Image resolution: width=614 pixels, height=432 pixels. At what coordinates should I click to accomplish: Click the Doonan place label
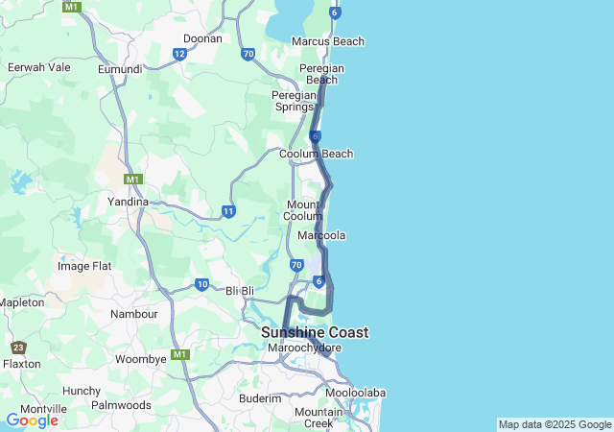pyautogui.click(x=202, y=38)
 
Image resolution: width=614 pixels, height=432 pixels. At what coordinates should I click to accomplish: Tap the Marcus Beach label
pyautogui.click(x=328, y=41)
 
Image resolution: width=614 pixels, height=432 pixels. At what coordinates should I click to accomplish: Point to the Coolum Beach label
pyautogui.click(x=316, y=154)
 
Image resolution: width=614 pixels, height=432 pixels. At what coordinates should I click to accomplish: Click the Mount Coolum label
pyautogui.click(x=304, y=210)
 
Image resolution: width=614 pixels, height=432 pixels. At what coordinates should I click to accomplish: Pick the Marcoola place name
pyautogui.click(x=321, y=235)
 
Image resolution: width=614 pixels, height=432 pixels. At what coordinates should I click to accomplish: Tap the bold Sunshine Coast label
pyautogui.click(x=315, y=332)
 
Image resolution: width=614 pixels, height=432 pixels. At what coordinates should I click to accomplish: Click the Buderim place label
pyautogui.click(x=260, y=397)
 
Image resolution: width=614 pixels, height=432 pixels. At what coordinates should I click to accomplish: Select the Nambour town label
pyautogui.click(x=134, y=314)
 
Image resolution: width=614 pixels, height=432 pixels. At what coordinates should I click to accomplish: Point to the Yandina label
pyautogui.click(x=128, y=202)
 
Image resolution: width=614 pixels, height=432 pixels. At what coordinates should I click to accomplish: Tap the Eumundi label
pyautogui.click(x=120, y=69)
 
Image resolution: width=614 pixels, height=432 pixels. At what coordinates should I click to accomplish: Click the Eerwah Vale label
pyautogui.click(x=38, y=67)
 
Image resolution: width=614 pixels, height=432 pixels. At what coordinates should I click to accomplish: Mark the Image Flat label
pyautogui.click(x=84, y=266)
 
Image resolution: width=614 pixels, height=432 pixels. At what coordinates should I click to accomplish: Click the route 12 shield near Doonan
pyautogui.click(x=180, y=54)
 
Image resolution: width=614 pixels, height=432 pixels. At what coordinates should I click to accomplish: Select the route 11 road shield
pyautogui.click(x=227, y=211)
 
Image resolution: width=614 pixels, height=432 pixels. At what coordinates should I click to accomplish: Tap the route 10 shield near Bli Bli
pyautogui.click(x=201, y=284)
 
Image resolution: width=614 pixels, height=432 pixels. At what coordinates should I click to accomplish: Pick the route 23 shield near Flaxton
pyautogui.click(x=18, y=348)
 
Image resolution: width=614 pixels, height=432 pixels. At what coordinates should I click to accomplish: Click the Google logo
pyautogui.click(x=32, y=420)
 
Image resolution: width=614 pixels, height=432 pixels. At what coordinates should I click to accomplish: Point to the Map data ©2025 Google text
pyautogui.click(x=555, y=424)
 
